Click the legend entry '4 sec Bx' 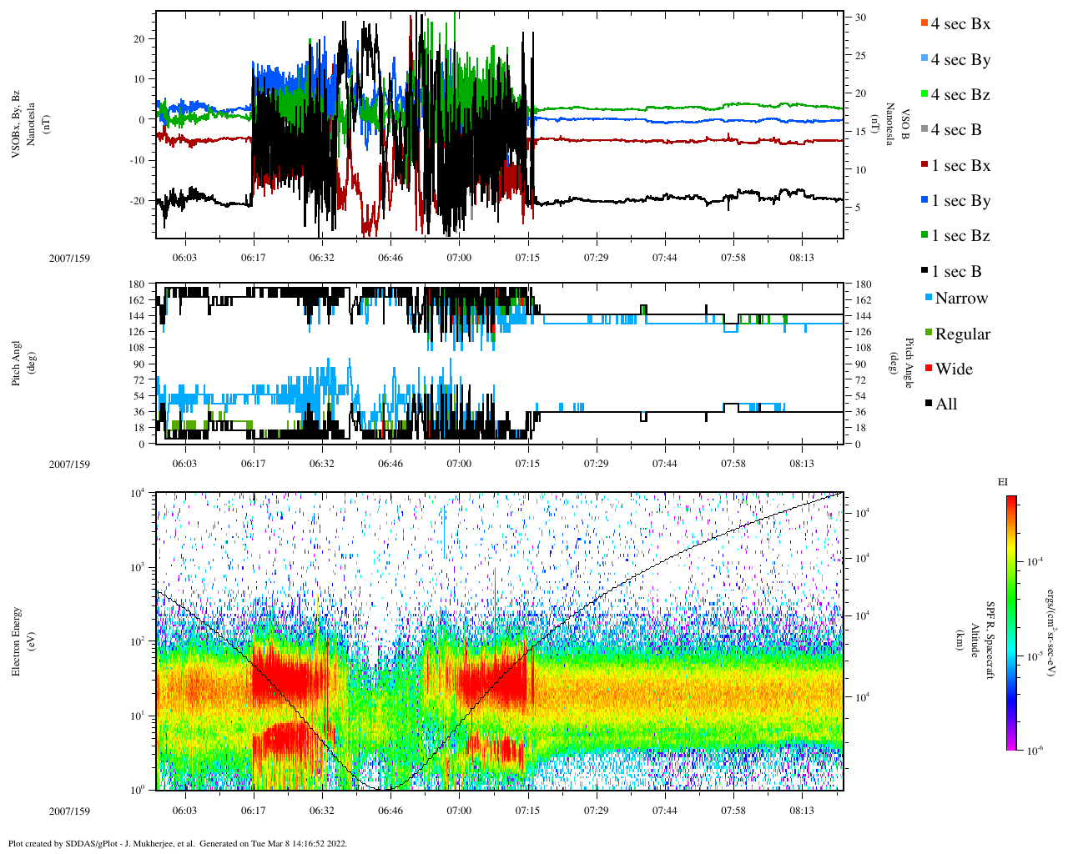pos(960,24)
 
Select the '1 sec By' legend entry pos(960,201)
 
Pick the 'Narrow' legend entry pos(960,299)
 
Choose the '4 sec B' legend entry pos(955,130)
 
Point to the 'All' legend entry pos(945,404)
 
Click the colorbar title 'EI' pos(1003,482)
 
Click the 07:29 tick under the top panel pos(596,258)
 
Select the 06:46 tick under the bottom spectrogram pos(390,811)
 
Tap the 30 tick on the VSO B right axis pos(859,18)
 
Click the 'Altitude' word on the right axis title pos(974,640)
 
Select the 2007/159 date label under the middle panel pos(69,464)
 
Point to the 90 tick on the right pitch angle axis pos(859,364)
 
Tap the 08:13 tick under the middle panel pos(802,464)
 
